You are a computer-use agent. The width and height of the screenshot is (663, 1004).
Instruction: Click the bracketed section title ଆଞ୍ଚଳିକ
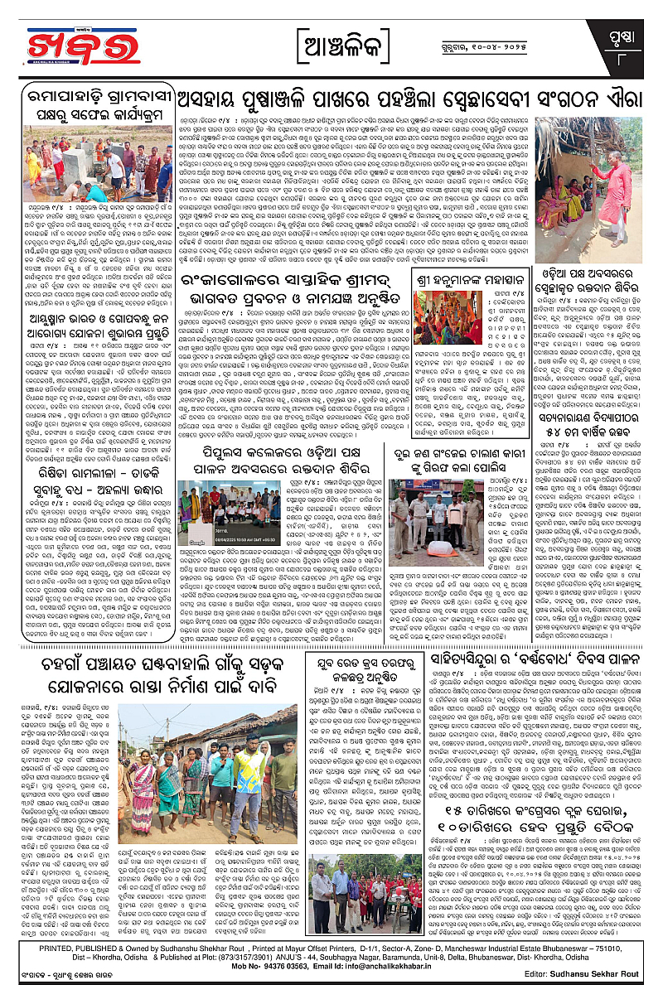[x=331, y=41]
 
